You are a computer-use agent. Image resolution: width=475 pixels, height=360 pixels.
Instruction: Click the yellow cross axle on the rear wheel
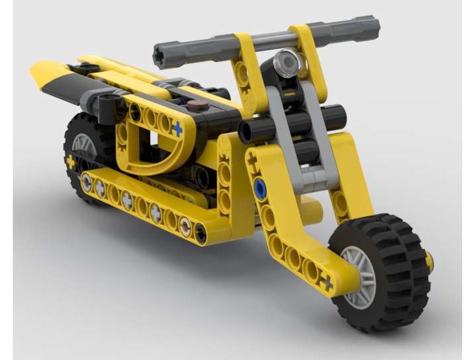[71, 162]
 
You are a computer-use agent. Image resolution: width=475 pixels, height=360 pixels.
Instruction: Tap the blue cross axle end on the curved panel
[177, 128]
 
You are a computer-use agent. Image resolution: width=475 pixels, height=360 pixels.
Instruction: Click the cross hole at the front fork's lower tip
[328, 284]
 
